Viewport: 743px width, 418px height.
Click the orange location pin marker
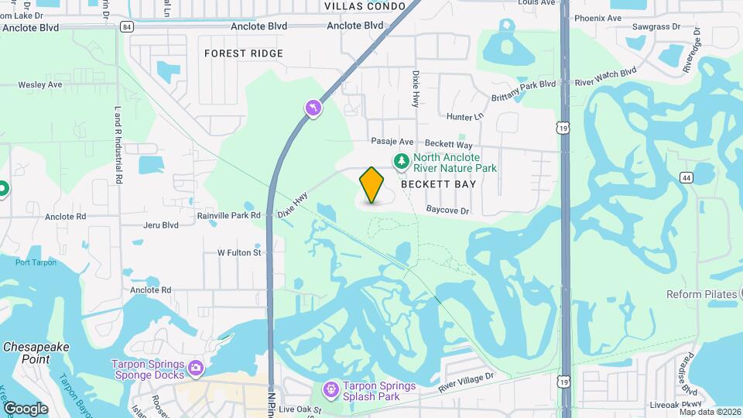372,185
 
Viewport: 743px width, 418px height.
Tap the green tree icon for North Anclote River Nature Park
401,161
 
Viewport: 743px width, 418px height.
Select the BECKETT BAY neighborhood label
439,185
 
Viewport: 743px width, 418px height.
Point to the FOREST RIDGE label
244,53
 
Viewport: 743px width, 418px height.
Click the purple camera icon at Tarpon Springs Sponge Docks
195,368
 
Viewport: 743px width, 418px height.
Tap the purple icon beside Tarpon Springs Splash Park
330,388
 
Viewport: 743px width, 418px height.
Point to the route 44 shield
686,178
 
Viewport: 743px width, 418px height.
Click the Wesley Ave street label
40,84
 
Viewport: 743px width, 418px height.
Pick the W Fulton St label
239,252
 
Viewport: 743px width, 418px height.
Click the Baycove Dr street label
448,211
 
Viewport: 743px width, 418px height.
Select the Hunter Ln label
464,116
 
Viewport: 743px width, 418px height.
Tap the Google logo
26,408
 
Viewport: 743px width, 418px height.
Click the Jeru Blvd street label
161,225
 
